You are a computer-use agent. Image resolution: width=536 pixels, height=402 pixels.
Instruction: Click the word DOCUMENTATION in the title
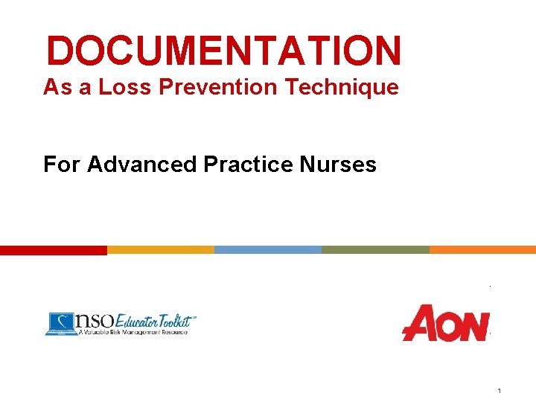(x=223, y=51)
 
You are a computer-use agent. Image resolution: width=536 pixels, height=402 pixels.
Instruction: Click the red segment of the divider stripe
(x=54, y=250)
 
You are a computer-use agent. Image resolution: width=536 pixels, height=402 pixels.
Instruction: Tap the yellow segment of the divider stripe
(x=161, y=250)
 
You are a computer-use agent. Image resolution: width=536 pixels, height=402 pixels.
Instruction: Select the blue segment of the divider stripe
(x=268, y=250)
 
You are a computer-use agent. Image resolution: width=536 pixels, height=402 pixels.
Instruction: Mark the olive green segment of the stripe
(x=375, y=250)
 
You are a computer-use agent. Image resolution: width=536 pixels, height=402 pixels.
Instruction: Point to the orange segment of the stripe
(x=482, y=250)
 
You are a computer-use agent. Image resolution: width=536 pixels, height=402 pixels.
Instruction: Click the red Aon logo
(x=445, y=323)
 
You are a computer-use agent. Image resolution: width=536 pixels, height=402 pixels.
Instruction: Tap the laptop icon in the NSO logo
(x=60, y=323)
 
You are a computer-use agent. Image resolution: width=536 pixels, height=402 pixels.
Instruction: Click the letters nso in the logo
(x=94, y=320)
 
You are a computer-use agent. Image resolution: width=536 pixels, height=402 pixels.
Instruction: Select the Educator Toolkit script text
(x=153, y=320)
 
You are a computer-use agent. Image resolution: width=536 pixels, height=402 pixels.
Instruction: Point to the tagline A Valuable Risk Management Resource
(x=133, y=332)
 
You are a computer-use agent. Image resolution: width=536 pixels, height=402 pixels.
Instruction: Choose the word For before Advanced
(x=62, y=164)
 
